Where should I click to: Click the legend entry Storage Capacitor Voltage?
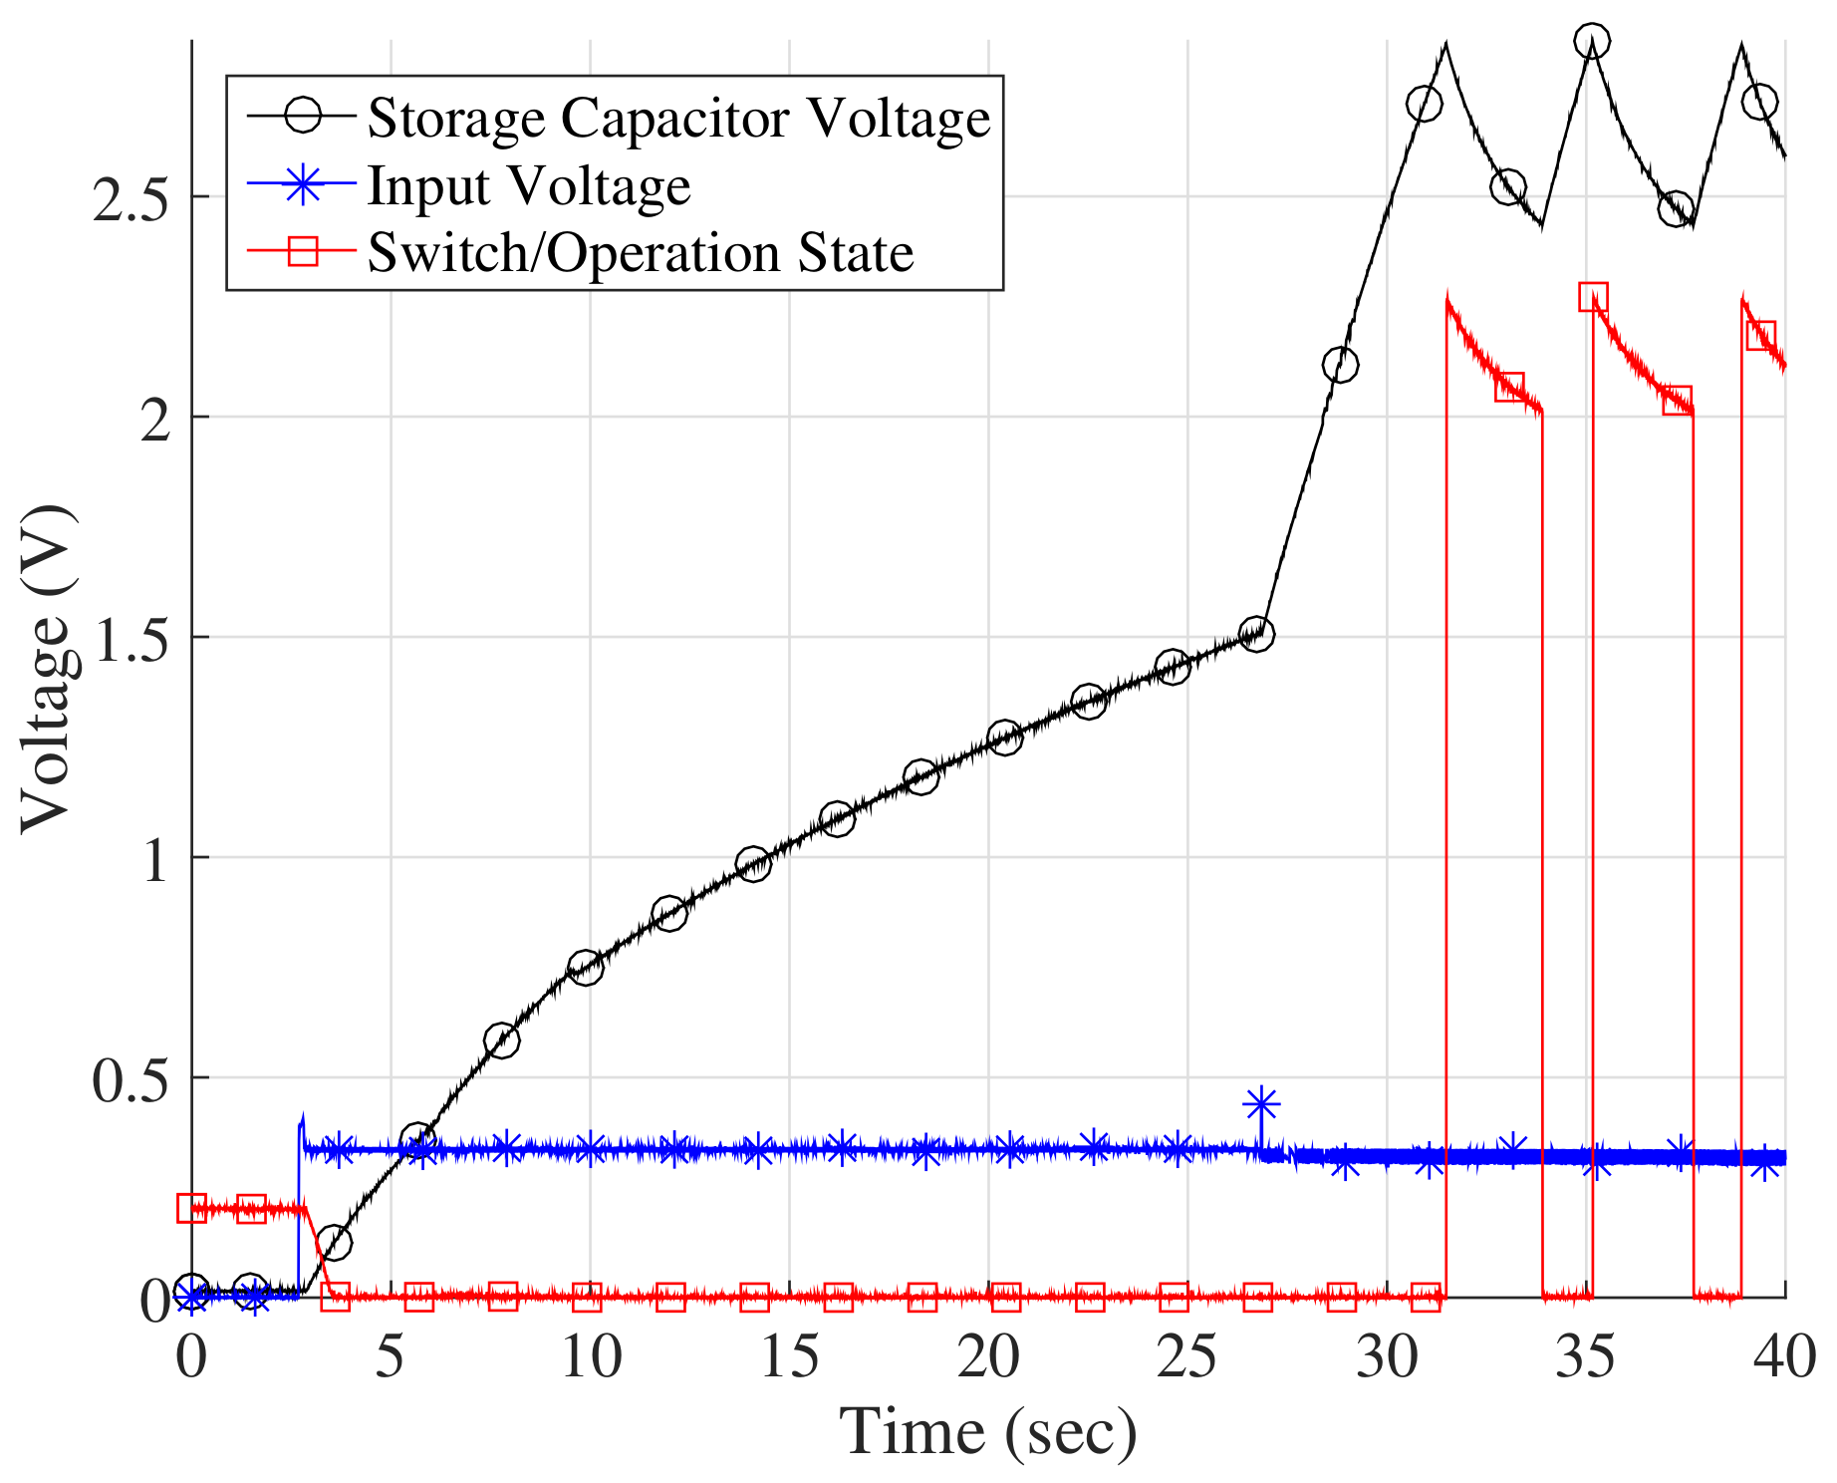click(x=678, y=118)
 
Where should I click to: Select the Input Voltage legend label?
click(x=528, y=185)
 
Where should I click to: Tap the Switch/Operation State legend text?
click(x=640, y=252)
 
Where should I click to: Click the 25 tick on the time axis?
click(x=1187, y=1357)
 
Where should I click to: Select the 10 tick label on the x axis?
click(x=590, y=1357)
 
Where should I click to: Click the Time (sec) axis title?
click(x=987, y=1432)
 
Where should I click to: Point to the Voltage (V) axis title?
click(x=48, y=669)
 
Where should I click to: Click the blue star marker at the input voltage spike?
click(x=1261, y=1104)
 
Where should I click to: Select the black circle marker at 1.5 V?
click(x=1257, y=634)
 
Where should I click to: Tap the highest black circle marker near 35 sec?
click(x=1592, y=42)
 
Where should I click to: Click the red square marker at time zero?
click(x=191, y=1208)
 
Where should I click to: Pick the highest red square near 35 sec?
click(x=1593, y=297)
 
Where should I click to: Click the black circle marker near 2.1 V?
click(x=1340, y=366)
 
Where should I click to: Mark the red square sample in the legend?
click(x=303, y=252)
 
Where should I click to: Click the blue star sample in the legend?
click(x=303, y=185)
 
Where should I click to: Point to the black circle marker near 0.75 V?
click(x=586, y=967)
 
